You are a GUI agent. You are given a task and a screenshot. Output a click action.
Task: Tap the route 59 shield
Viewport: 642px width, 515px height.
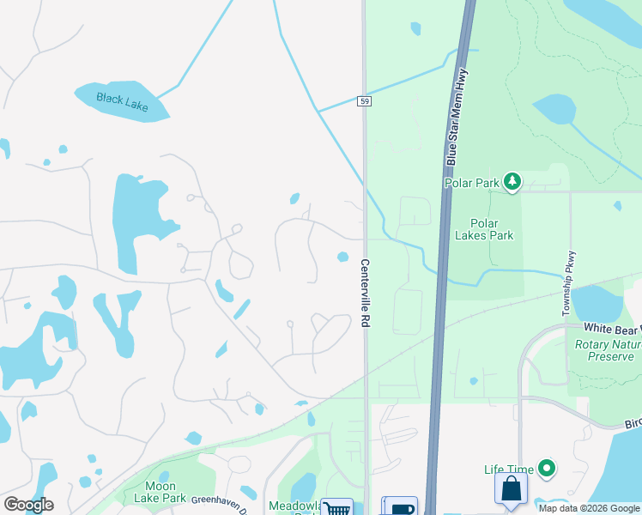click(366, 101)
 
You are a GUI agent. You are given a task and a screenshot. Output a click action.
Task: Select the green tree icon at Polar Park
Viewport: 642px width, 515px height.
click(512, 181)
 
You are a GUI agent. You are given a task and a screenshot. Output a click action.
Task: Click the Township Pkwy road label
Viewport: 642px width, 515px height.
click(566, 284)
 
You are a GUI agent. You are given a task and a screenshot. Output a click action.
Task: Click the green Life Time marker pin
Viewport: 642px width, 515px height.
click(546, 469)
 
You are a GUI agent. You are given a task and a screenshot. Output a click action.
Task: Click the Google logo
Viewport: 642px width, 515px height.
click(28, 505)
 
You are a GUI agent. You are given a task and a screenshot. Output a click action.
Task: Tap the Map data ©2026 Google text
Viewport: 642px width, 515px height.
click(589, 508)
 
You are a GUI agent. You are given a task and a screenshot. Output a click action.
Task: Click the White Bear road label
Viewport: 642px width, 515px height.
click(613, 328)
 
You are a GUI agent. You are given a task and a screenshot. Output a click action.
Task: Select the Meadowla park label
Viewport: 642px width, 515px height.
click(294, 506)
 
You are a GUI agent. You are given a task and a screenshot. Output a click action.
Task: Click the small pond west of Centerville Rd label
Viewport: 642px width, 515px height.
click(343, 257)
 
